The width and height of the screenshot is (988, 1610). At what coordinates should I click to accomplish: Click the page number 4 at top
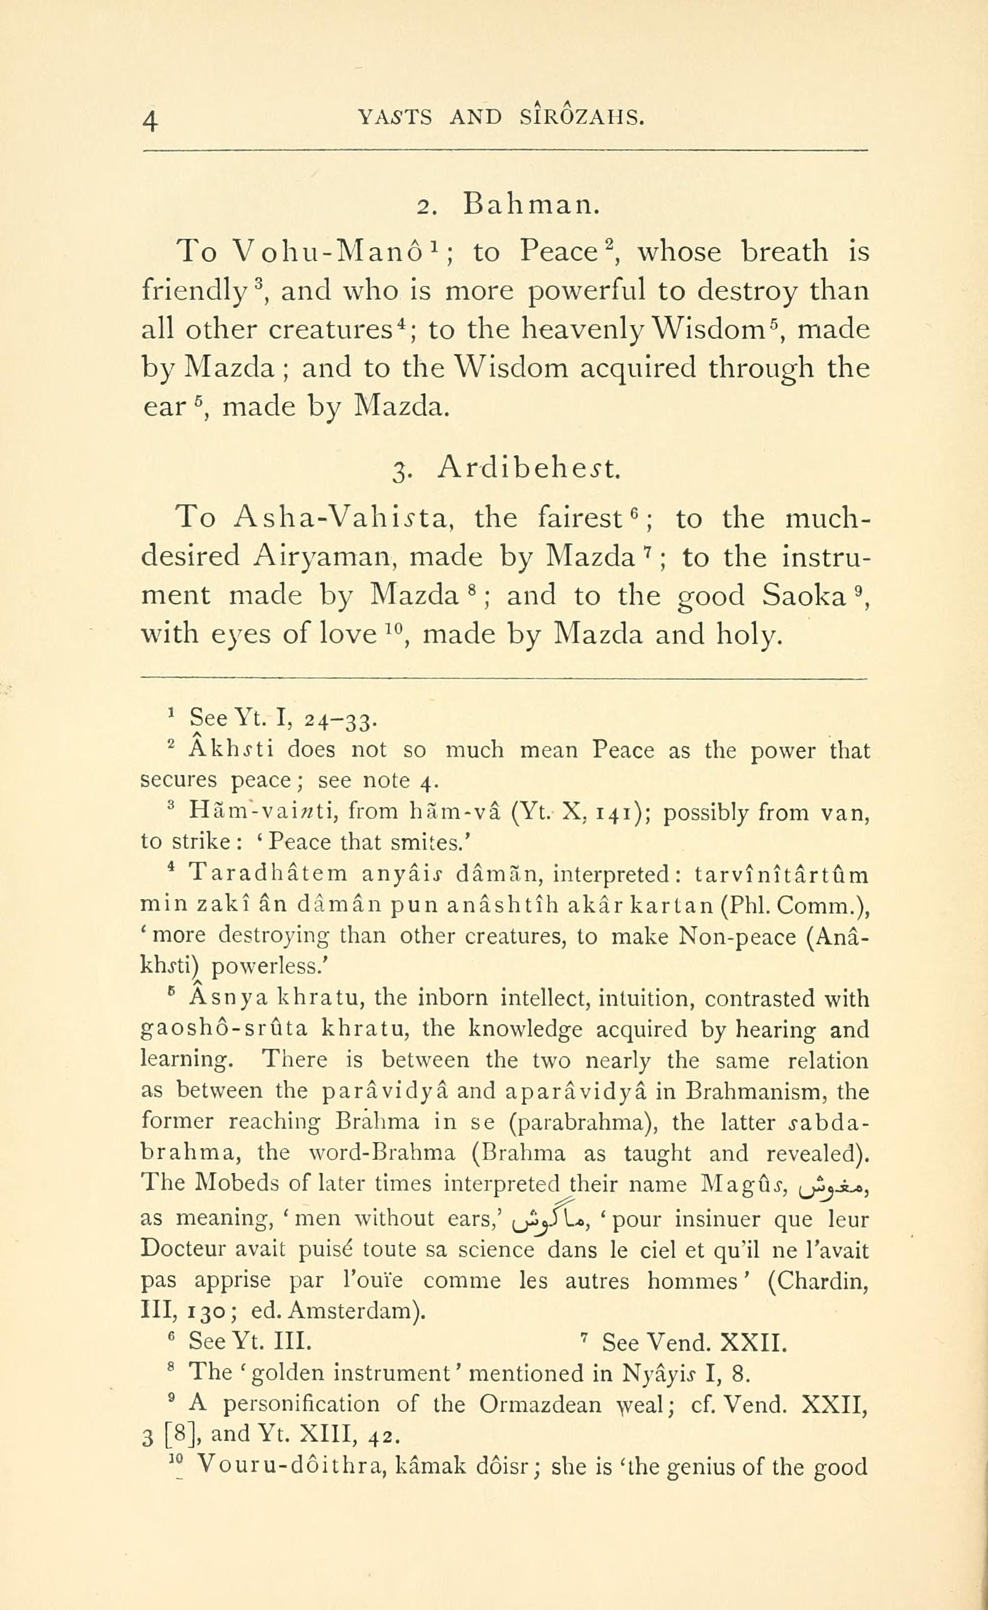click(x=150, y=120)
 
